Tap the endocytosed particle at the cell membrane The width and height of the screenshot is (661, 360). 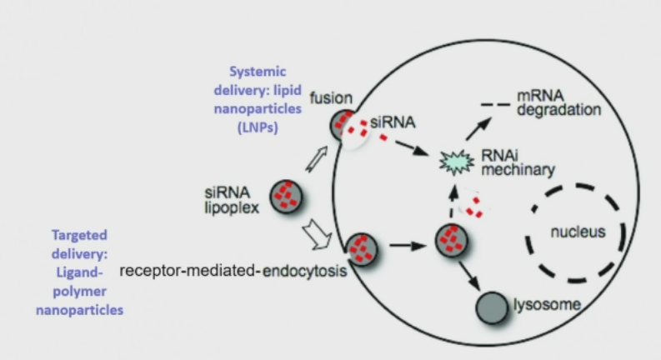[364, 248]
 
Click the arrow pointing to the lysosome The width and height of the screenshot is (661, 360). [469, 273]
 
